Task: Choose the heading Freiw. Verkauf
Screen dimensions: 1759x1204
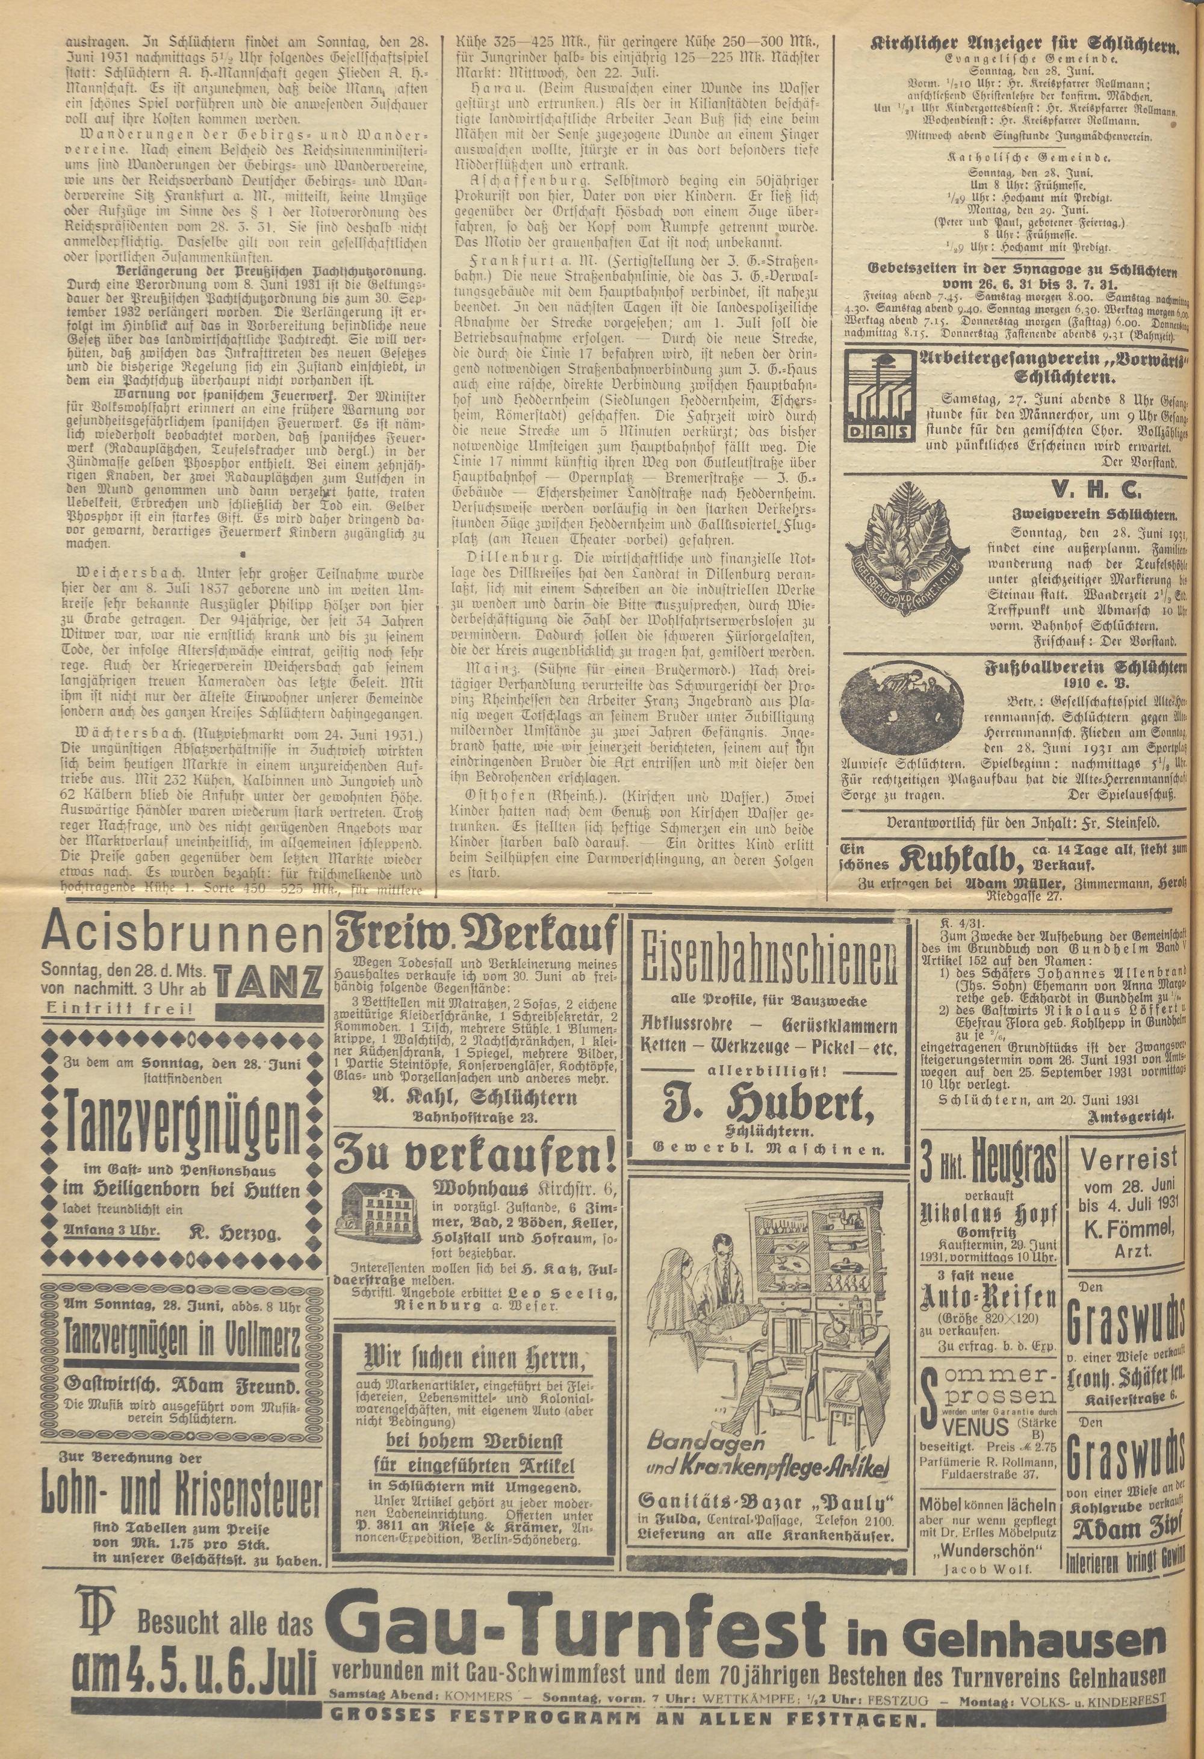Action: pos(476,942)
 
